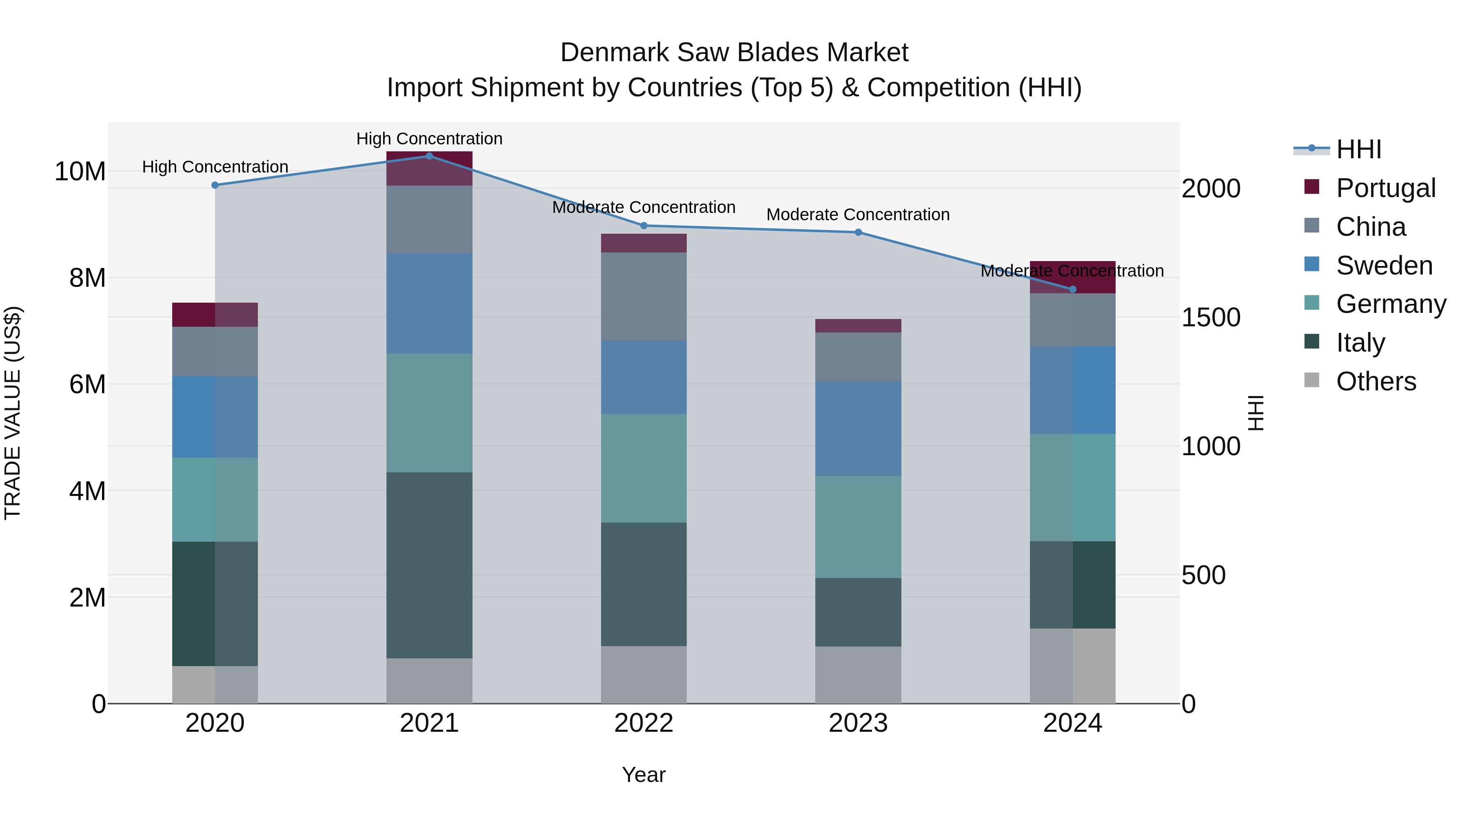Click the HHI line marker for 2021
click(x=429, y=156)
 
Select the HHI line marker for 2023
click(x=858, y=232)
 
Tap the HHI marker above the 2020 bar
click(x=215, y=185)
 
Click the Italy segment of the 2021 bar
click(x=429, y=565)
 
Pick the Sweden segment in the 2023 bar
click(x=858, y=429)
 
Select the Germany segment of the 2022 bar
click(x=644, y=468)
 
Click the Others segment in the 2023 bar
click(x=858, y=675)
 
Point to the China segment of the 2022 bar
click(x=644, y=297)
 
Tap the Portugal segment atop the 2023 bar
click(x=858, y=326)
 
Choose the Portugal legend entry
click(x=1386, y=188)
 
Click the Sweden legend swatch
click(x=1311, y=264)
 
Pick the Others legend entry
click(x=1376, y=381)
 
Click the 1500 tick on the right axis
click(x=1211, y=317)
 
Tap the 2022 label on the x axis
click(x=644, y=723)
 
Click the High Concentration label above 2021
click(x=429, y=139)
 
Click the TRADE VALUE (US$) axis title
click(x=13, y=413)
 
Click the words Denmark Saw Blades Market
click(x=734, y=53)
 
